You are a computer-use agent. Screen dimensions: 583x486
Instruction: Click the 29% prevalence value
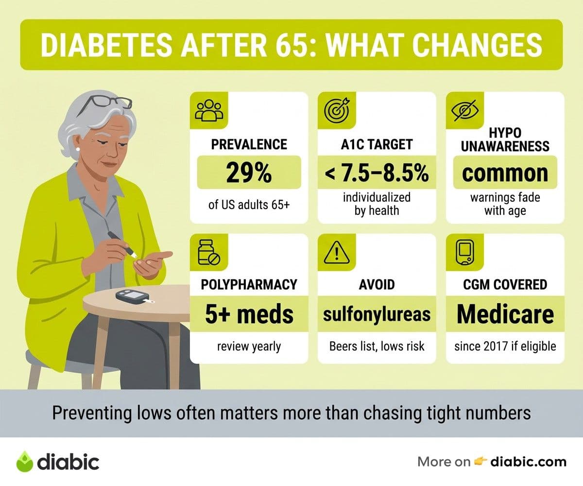(x=249, y=173)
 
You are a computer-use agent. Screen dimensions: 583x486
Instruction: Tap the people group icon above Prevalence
(x=209, y=110)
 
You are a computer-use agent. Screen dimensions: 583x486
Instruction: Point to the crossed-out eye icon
(x=465, y=110)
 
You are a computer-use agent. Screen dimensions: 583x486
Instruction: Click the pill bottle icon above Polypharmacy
(x=209, y=252)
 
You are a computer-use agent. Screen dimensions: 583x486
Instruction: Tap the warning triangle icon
(x=337, y=252)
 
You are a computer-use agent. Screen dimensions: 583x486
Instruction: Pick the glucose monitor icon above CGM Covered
(x=464, y=252)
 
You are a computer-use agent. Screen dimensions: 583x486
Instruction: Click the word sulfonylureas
(x=377, y=314)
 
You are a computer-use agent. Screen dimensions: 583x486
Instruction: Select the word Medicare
(x=505, y=314)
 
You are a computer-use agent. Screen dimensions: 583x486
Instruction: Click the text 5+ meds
(x=249, y=314)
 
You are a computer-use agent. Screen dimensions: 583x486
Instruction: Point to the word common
(x=505, y=174)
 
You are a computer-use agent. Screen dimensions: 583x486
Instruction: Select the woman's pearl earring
(x=78, y=149)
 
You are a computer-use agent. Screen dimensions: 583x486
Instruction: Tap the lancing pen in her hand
(x=122, y=244)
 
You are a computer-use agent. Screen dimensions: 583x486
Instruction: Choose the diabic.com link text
(x=528, y=462)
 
